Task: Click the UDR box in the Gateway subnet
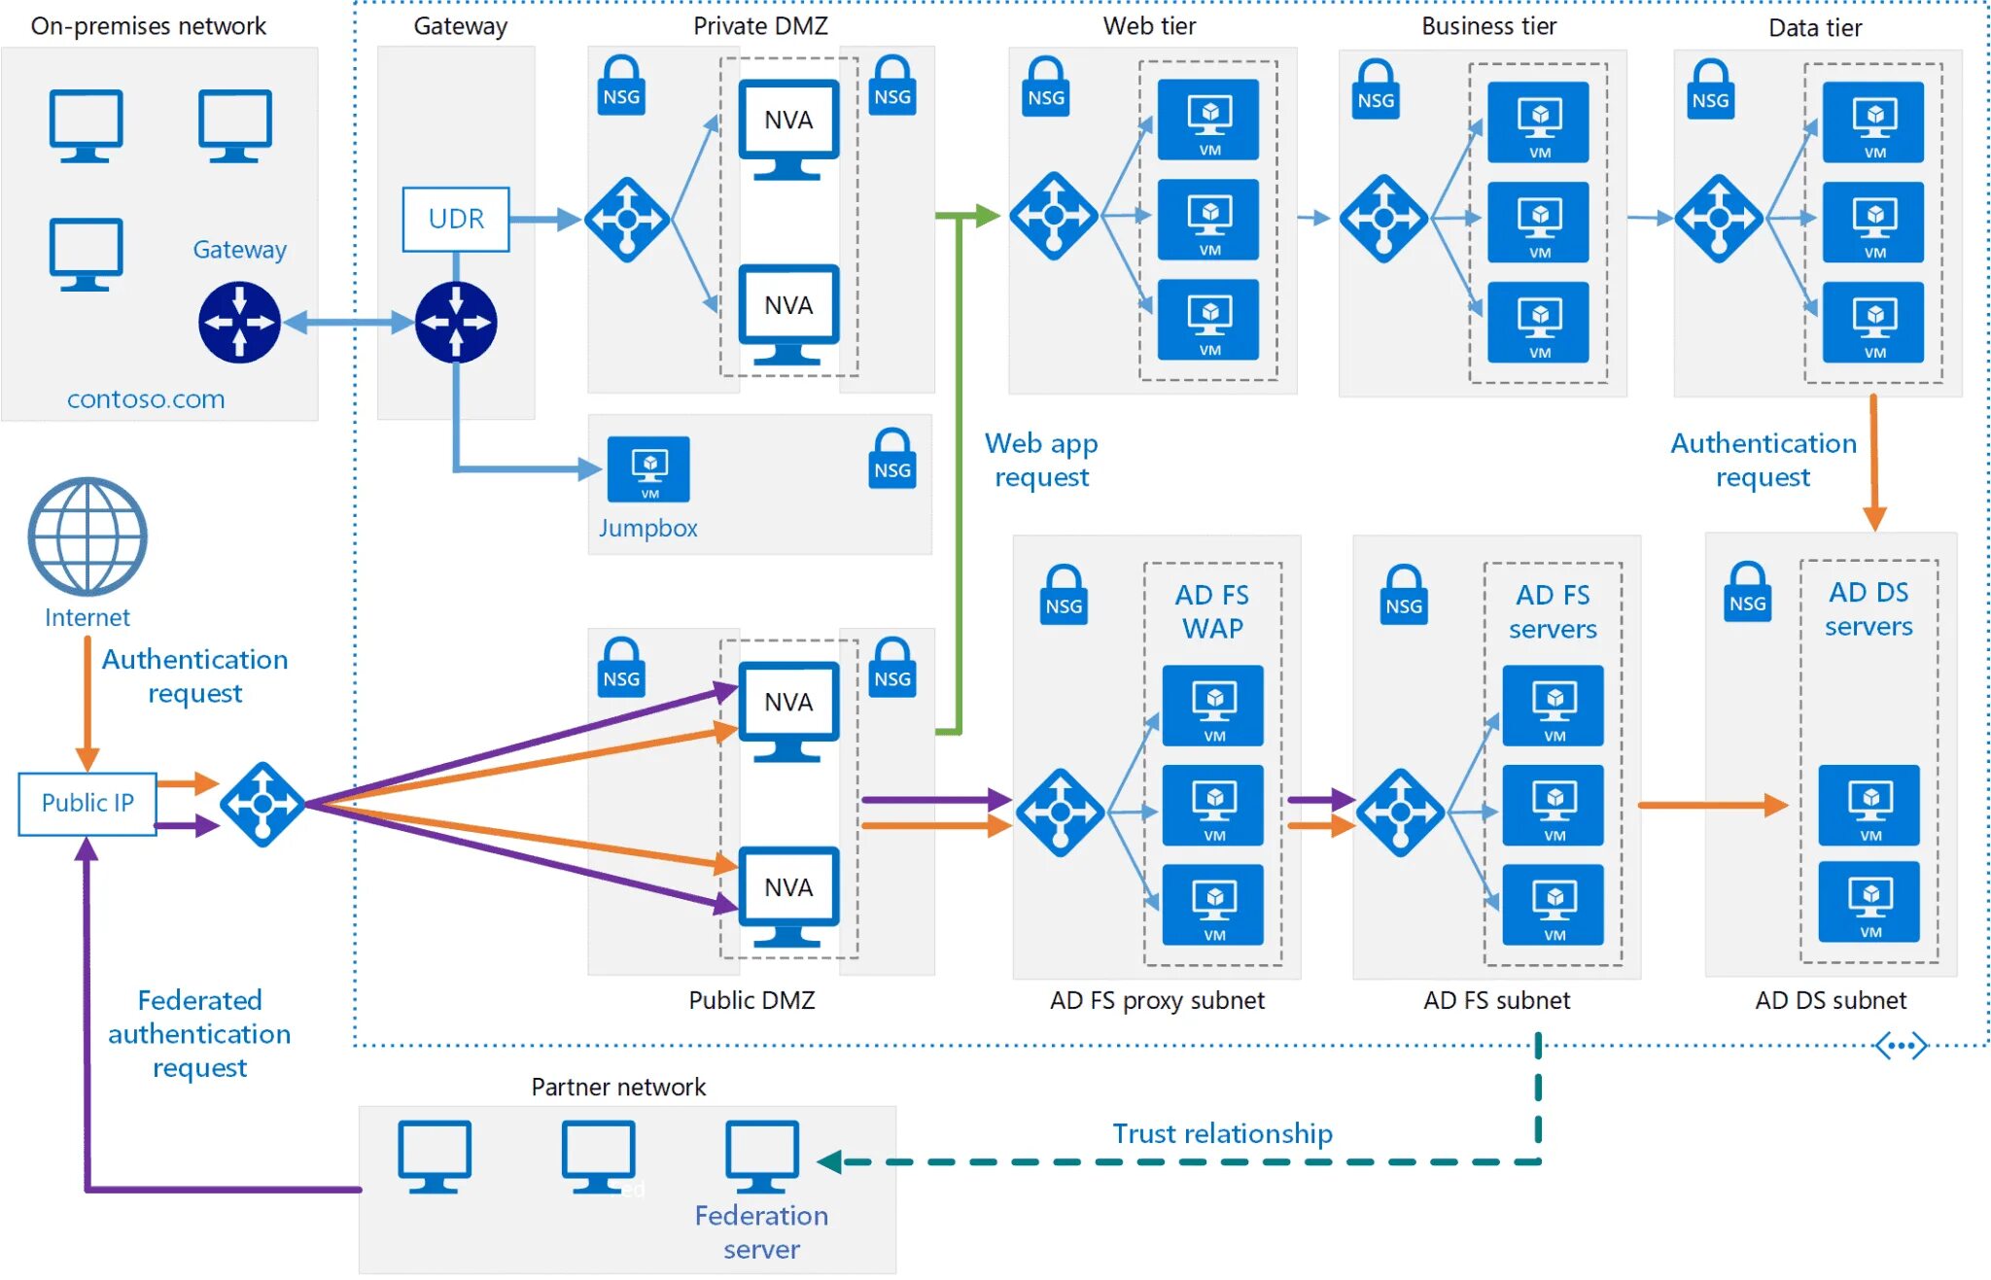pos(456,219)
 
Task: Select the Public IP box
pos(87,803)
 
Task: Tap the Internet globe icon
pos(87,536)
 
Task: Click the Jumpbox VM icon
pos(648,468)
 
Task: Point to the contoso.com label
pos(146,398)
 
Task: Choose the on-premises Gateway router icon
pos(239,322)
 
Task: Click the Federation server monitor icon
pos(761,1156)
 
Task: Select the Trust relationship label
pos(1222,1133)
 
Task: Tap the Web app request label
pos(1041,460)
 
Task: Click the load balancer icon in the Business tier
pos(1383,219)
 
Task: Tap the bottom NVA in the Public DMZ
pos(788,895)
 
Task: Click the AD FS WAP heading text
pos(1212,611)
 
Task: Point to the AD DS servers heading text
pos(1869,608)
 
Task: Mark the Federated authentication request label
pos(199,1033)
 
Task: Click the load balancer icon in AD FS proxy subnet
pos(1060,813)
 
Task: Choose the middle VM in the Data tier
pos(1873,222)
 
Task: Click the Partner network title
pos(618,1087)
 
